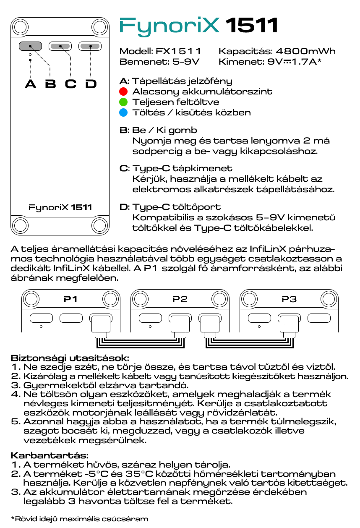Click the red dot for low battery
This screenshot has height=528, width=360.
point(123,91)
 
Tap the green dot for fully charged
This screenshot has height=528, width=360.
point(123,102)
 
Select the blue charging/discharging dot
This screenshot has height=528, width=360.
point(123,112)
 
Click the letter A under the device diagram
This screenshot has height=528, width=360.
point(30,84)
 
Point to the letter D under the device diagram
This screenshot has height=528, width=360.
point(91,84)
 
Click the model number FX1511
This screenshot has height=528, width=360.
point(178,51)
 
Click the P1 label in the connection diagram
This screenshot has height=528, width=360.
point(70,299)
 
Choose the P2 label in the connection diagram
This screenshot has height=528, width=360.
point(180,299)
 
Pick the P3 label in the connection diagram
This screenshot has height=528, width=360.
point(289,299)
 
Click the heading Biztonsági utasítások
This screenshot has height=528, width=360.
point(70,358)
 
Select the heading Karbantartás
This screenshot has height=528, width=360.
point(50,455)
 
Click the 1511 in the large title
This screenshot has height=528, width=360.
point(252,26)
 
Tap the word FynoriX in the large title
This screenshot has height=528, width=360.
point(170,26)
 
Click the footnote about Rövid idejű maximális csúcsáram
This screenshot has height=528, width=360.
point(79,519)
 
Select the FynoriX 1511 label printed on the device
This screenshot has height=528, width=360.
point(60,207)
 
